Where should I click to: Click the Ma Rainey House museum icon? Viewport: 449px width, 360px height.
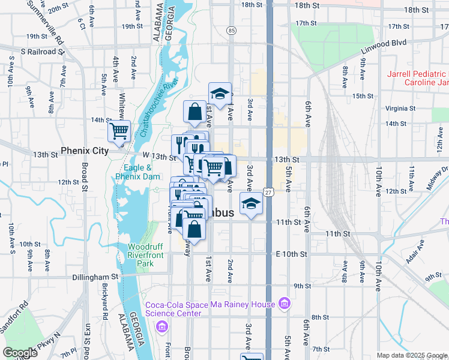284,304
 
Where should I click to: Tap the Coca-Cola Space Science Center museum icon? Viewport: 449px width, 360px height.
161,326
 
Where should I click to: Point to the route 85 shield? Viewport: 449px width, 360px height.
231,30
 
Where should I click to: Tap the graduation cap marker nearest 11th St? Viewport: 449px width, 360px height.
251,203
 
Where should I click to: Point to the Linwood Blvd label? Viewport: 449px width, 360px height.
384,43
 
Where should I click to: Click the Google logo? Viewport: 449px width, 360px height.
20,353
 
